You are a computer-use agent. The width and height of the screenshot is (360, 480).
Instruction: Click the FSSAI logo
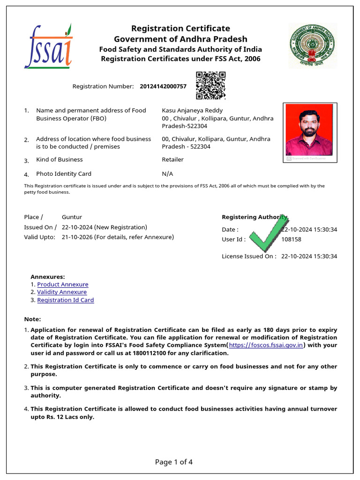[48, 46]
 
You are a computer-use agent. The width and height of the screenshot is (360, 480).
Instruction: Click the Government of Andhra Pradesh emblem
[313, 45]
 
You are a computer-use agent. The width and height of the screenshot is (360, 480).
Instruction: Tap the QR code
[210, 85]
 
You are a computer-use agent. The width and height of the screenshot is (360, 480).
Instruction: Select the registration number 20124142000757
[163, 86]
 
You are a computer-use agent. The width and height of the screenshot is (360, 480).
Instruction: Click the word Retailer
[172, 160]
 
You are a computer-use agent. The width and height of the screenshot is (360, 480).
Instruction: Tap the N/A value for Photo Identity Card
[167, 174]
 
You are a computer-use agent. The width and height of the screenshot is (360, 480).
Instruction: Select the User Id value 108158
[291, 240]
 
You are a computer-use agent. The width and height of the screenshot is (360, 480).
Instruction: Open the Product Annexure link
[62, 285]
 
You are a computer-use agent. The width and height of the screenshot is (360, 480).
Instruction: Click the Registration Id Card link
[66, 300]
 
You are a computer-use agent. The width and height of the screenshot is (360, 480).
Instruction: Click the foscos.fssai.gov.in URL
[266, 345]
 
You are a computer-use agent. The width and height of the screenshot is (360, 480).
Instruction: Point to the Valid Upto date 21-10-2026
[77, 237]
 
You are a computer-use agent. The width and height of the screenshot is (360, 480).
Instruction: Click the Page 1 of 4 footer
[174, 462]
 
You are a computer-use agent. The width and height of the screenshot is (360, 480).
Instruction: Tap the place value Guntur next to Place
[72, 217]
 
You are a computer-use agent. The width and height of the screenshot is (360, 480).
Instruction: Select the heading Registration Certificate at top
[180, 29]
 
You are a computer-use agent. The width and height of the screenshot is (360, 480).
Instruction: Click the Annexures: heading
[48, 277]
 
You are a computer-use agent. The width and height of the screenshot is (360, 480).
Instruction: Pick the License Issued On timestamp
[309, 256]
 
